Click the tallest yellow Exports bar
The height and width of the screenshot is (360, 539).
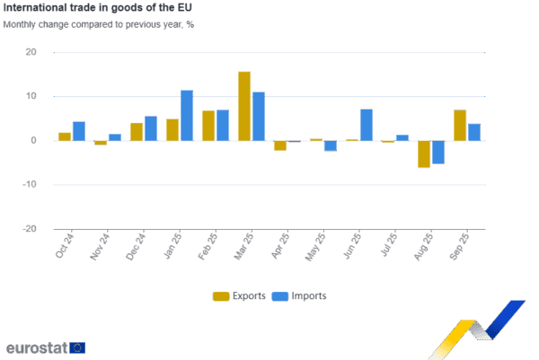244,105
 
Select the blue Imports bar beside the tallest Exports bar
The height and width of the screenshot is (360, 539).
259,116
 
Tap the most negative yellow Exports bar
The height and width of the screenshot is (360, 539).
424,154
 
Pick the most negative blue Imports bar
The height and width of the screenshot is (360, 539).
438,152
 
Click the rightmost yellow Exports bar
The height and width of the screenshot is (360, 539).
460,125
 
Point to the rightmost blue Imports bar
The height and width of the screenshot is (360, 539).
474,131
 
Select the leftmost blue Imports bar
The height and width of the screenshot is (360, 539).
79,130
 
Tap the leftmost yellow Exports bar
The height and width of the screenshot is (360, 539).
65,136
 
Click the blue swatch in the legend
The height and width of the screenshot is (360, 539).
279,295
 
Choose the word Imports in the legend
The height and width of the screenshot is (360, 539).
308,295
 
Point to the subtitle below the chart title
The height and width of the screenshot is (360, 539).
99,23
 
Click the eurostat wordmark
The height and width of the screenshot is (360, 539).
36,347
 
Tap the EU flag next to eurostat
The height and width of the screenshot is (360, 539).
78,347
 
